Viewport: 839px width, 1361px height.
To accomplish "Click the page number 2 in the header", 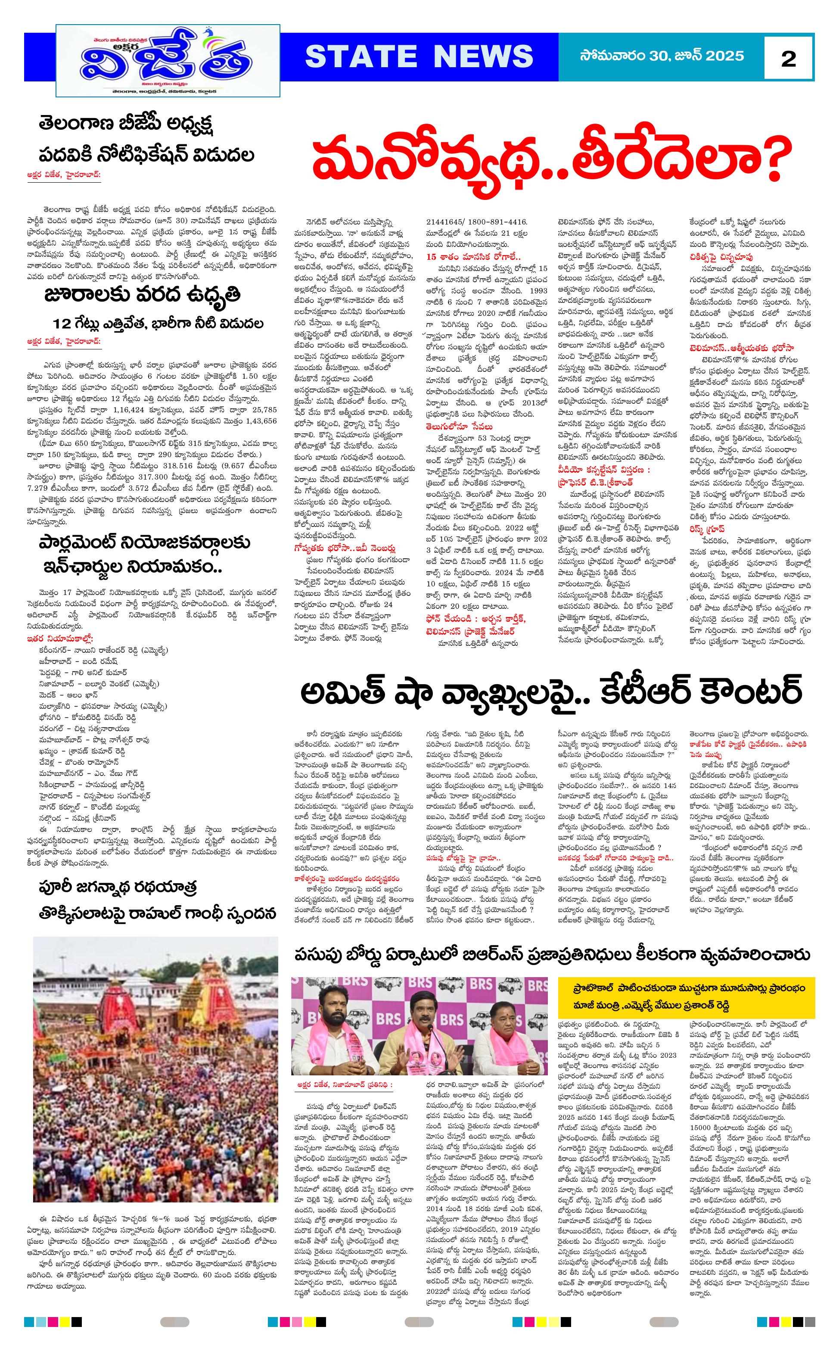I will click(x=788, y=58).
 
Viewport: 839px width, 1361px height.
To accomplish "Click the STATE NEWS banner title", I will click(x=419, y=56).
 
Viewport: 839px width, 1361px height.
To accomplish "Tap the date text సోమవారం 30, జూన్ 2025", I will click(x=662, y=56).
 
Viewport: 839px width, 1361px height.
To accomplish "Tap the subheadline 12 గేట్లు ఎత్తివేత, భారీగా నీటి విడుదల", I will click(x=158, y=324).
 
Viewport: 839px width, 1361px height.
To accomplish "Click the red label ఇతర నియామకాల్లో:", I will click(x=61, y=638).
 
